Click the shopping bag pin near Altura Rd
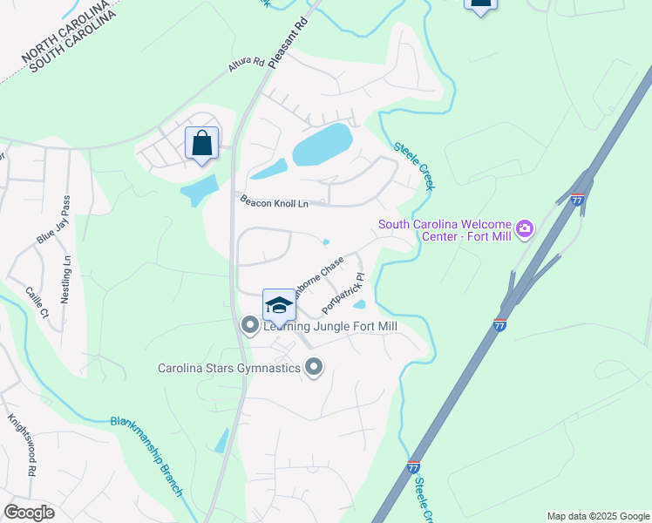click(202, 143)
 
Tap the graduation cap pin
click(278, 305)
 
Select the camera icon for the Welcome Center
click(524, 228)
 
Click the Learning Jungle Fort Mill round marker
click(250, 326)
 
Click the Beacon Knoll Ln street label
click(275, 203)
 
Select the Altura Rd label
click(246, 63)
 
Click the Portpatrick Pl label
click(346, 292)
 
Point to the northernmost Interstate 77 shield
click(578, 200)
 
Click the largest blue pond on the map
click(322, 144)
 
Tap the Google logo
click(29, 513)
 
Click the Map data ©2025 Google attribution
click(598, 516)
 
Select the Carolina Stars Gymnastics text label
click(229, 368)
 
